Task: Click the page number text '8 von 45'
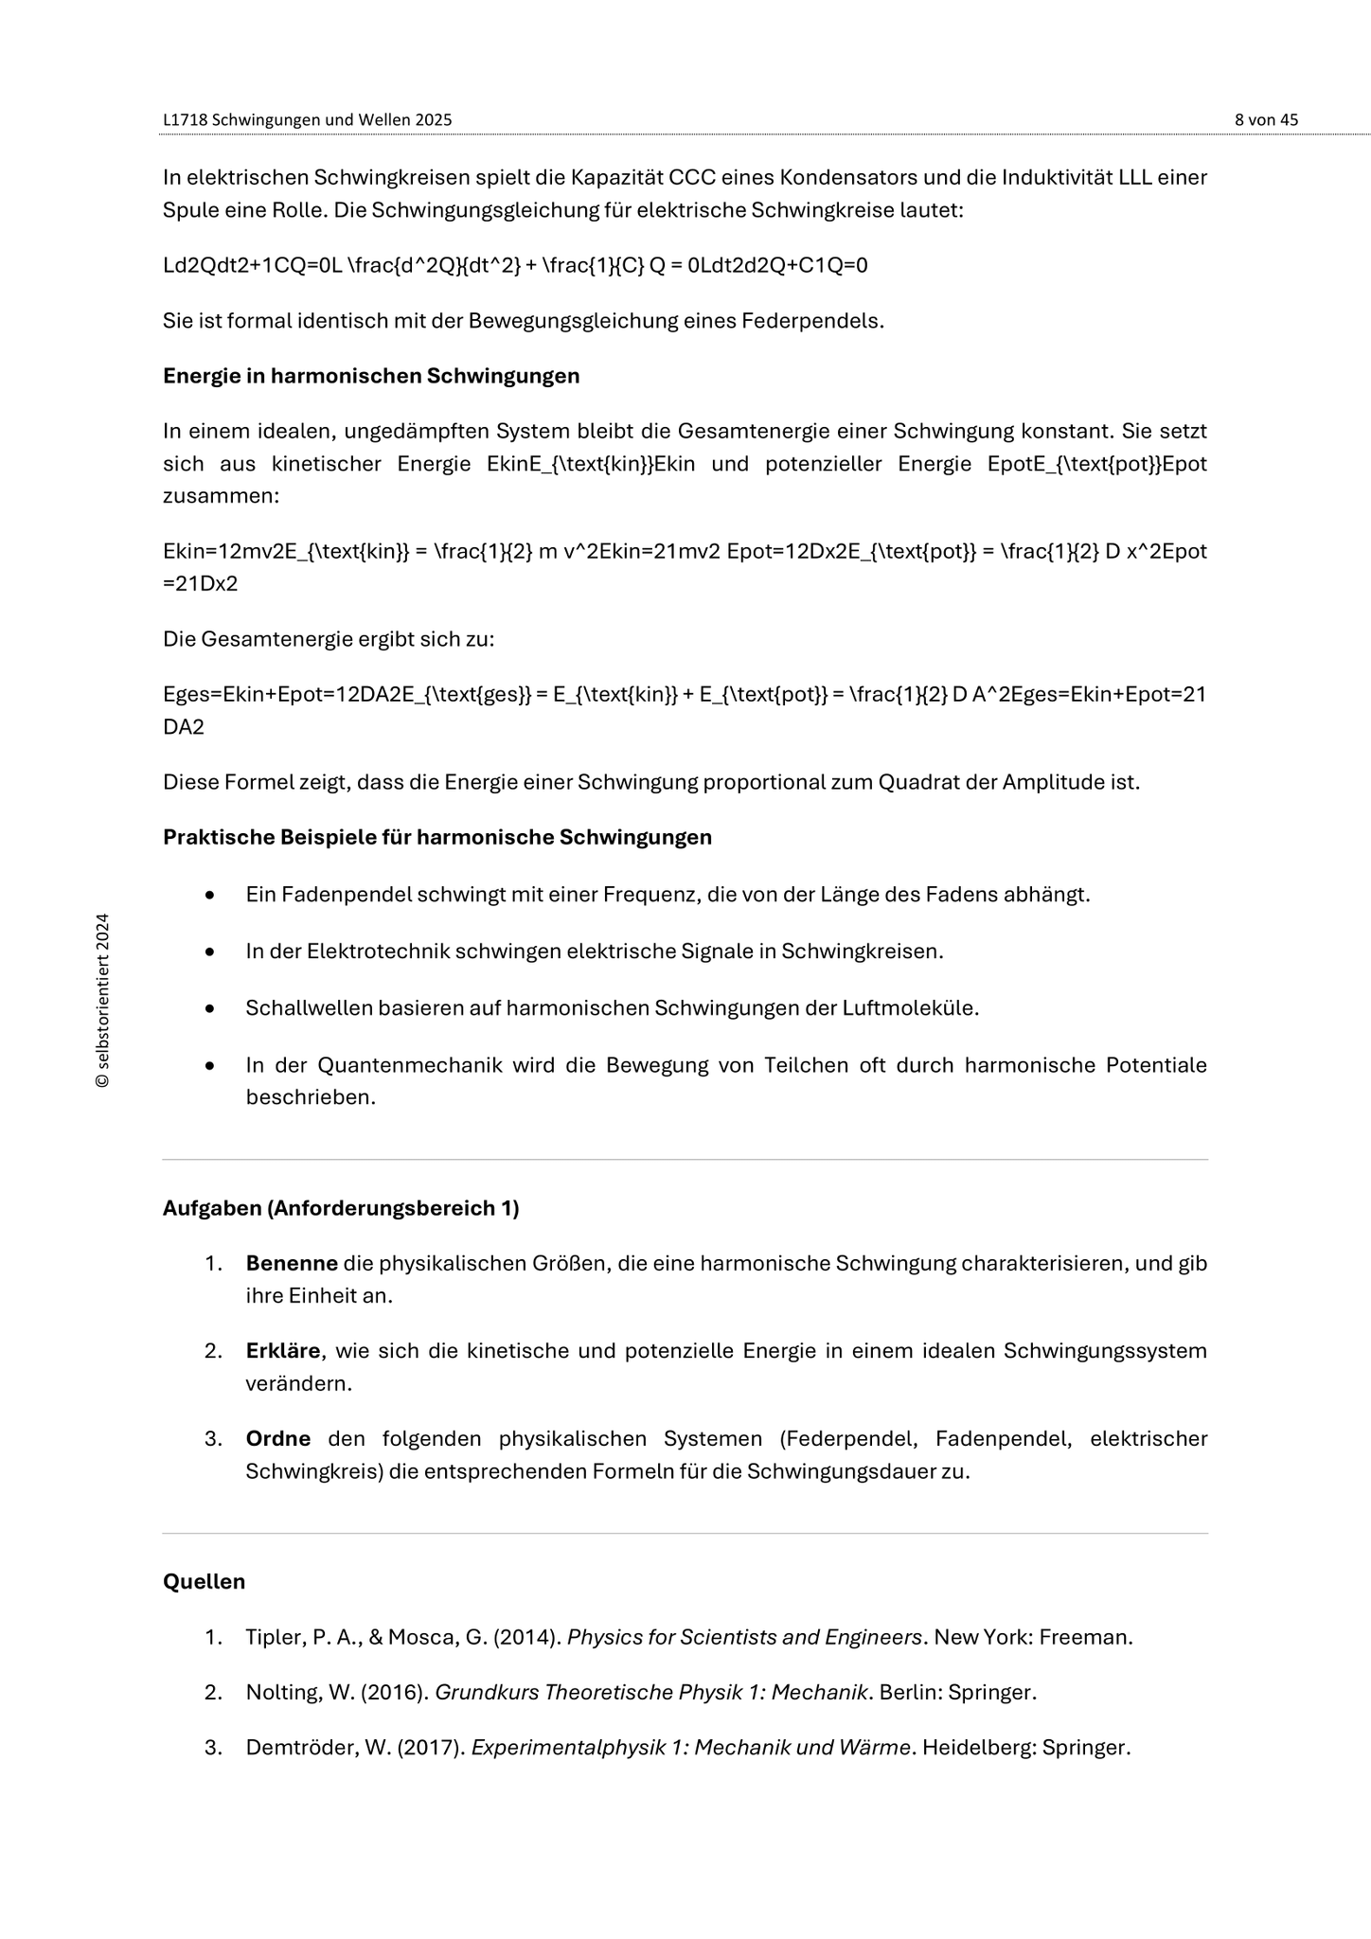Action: pos(1266,120)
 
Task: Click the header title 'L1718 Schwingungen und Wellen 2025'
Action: pos(307,120)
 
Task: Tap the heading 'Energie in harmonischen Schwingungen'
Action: pos(371,376)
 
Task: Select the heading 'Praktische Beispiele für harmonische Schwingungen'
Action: pos(437,837)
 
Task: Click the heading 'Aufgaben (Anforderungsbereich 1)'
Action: pos(341,1208)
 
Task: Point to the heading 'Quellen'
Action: pos(204,1581)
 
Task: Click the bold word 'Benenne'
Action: pos(292,1263)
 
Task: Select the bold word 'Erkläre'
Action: pos(282,1350)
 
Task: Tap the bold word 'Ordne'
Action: pos(278,1438)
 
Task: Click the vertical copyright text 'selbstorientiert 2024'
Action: pos(103,1001)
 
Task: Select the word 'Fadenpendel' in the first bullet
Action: pos(336,894)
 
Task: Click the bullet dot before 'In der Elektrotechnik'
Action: pos(209,952)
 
